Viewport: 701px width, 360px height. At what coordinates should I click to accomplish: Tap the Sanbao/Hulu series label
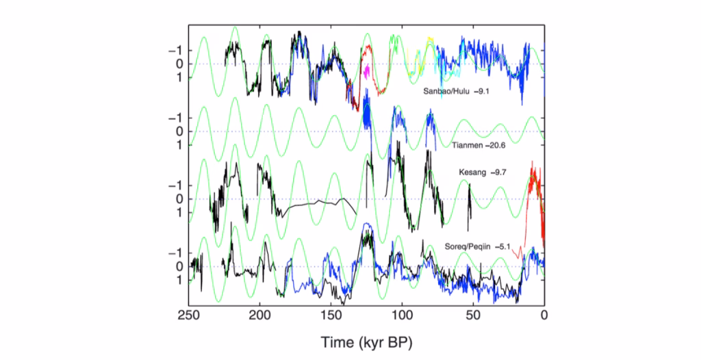point(446,90)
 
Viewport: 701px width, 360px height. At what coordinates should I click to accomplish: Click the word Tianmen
point(468,144)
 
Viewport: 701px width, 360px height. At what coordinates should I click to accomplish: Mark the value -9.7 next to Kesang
point(498,172)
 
